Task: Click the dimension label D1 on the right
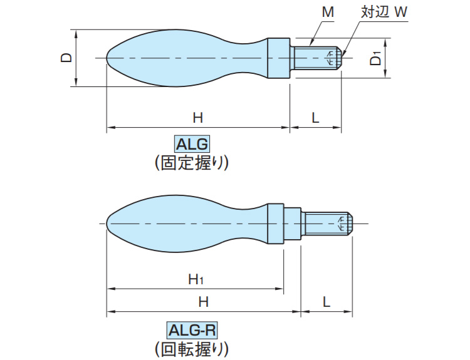coord(375,59)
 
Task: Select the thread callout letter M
coord(328,12)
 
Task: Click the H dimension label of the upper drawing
coord(197,117)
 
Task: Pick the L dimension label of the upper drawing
coord(315,117)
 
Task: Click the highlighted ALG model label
coord(192,144)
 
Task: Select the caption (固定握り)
coord(192,163)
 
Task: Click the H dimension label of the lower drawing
coord(203,301)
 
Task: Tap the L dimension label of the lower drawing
coord(326,301)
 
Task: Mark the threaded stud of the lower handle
coord(328,224)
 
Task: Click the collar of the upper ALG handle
coord(279,58)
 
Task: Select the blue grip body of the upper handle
coord(182,58)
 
